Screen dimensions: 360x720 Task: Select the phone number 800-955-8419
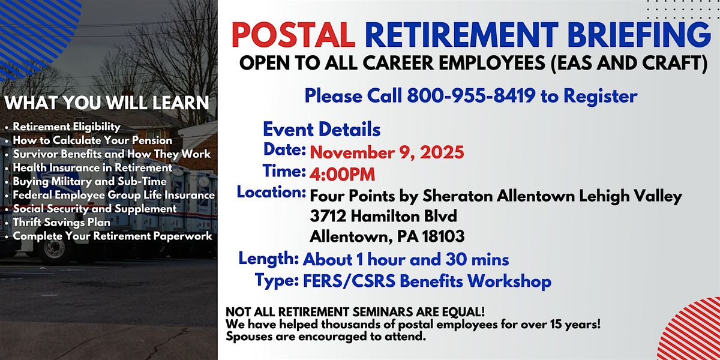pyautogui.click(x=471, y=95)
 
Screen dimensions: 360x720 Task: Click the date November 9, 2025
pyautogui.click(x=387, y=152)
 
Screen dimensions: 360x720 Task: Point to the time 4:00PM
pyautogui.click(x=343, y=175)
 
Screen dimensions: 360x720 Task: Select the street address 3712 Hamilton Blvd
pyautogui.click(x=384, y=215)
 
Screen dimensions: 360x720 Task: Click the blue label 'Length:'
pyautogui.click(x=269, y=259)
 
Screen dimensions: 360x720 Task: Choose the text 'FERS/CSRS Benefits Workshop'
pyautogui.click(x=427, y=281)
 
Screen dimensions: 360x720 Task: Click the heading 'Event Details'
pyautogui.click(x=322, y=129)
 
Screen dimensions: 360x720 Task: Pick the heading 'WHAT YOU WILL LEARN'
pyautogui.click(x=107, y=103)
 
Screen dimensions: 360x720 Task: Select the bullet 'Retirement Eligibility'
pyautogui.click(x=67, y=127)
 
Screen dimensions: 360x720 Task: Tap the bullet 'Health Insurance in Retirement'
pyautogui.click(x=92, y=167)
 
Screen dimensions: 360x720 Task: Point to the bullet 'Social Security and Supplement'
pyautogui.click(x=95, y=209)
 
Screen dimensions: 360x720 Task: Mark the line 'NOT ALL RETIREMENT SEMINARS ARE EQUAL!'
pyautogui.click(x=346, y=314)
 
